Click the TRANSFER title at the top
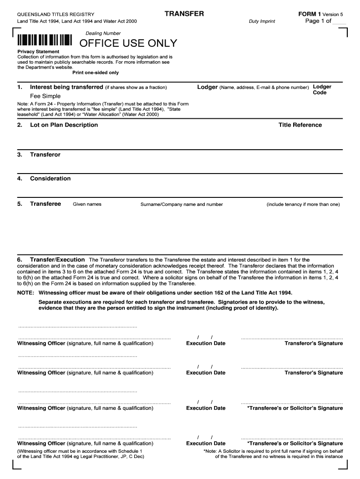click(184, 14)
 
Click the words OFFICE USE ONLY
click(128, 44)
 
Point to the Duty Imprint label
click(262, 22)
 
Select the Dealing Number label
click(103, 33)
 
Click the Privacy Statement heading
click(38, 51)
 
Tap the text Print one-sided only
click(95, 73)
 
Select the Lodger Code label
click(322, 89)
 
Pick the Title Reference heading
click(300, 125)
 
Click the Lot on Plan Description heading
click(64, 125)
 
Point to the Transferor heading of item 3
click(45, 154)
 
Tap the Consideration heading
click(50, 179)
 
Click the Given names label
click(87, 204)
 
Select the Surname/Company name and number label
click(181, 204)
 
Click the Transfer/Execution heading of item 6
click(58, 260)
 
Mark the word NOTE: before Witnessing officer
click(25, 292)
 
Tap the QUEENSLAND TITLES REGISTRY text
click(56, 15)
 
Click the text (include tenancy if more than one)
click(303, 204)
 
